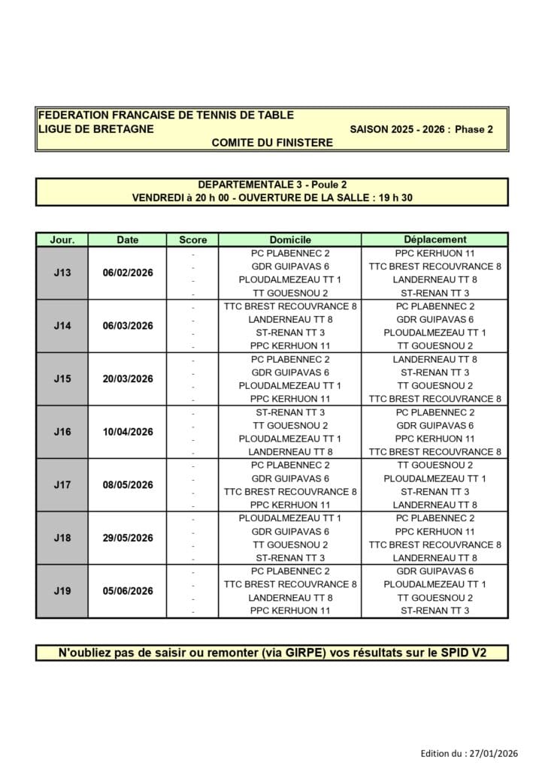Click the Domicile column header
coord(289,240)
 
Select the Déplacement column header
coord(434,240)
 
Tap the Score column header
coord(192,240)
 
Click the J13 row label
coord(62,273)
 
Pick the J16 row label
coord(62,432)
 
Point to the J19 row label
coord(62,591)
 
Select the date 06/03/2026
coord(128,326)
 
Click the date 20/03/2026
coord(128,379)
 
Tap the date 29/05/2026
coord(128,538)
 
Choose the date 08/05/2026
coord(128,485)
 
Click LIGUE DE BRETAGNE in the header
coord(95,128)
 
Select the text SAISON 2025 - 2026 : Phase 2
coord(421,129)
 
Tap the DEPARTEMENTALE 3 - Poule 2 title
coord(272,184)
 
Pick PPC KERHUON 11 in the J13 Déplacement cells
coord(434,253)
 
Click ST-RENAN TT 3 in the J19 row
coord(434,611)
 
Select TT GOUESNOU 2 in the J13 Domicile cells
coord(289,293)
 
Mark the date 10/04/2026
coord(128,432)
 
